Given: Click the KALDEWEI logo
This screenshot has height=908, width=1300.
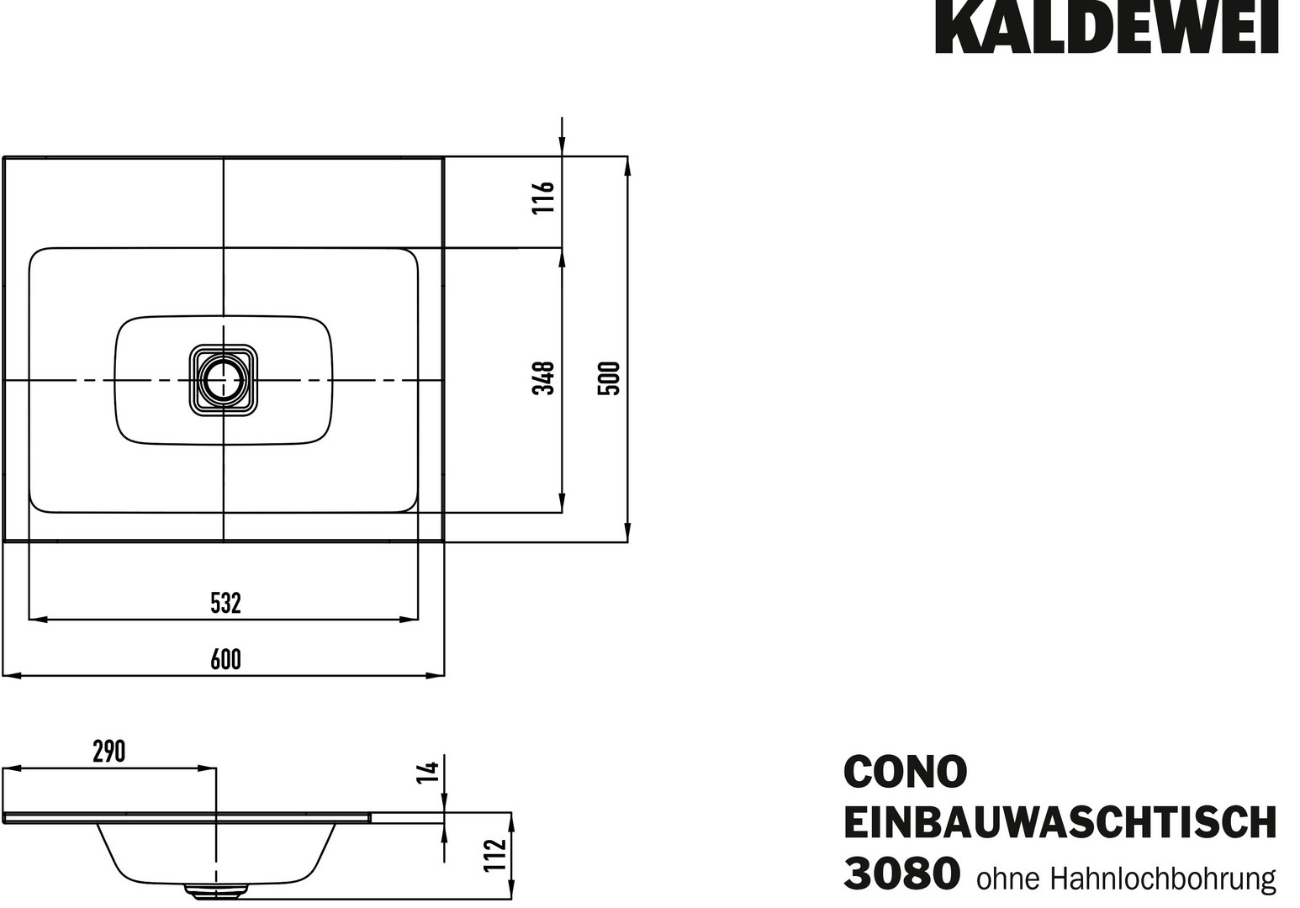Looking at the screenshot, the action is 1106,27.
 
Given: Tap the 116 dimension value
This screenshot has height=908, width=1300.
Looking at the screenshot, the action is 544,198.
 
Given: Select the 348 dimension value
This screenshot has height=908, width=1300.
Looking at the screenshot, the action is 544,378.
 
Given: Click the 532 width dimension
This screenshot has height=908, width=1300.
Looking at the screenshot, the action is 225,604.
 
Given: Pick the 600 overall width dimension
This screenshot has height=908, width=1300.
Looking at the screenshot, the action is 225,660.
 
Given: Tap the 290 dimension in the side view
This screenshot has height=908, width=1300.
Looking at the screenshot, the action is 109,752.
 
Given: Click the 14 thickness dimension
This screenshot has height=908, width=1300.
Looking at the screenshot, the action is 428,773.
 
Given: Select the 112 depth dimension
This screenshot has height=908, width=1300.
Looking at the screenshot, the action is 495,855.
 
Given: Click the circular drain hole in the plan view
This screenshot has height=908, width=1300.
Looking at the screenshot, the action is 224,380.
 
